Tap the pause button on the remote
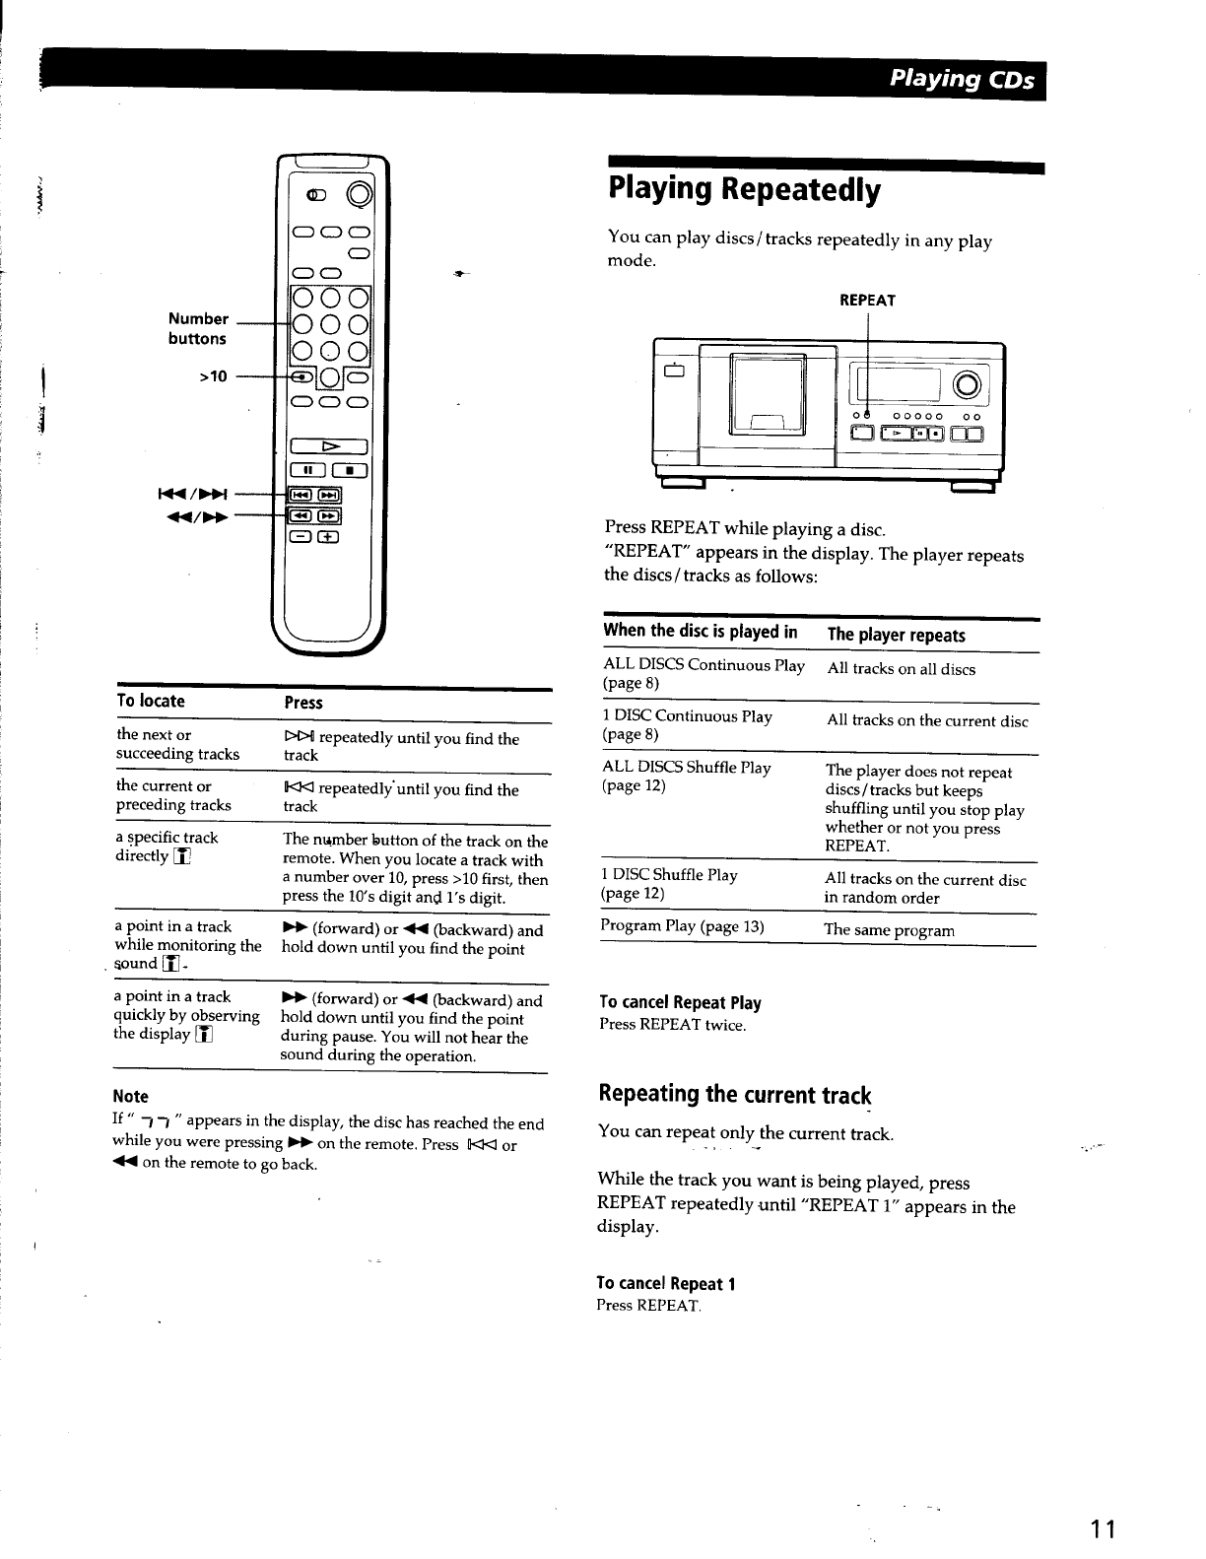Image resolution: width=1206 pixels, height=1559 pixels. click(x=304, y=470)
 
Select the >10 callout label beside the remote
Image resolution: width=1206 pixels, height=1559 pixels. click(x=213, y=375)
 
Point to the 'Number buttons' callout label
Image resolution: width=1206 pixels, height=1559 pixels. click(x=197, y=328)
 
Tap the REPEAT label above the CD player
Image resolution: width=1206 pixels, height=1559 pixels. click(x=867, y=301)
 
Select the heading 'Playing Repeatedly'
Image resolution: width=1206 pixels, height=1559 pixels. click(x=744, y=189)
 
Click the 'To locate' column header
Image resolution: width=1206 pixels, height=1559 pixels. click(x=151, y=701)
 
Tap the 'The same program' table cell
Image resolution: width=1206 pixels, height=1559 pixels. click(x=890, y=930)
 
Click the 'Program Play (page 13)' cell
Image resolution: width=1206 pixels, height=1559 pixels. click(x=682, y=925)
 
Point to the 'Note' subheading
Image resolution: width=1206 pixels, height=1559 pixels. click(x=131, y=1096)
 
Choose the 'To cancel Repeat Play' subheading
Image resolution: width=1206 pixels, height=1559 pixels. click(x=680, y=1003)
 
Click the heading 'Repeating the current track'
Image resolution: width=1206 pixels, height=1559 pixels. click(x=735, y=1094)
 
